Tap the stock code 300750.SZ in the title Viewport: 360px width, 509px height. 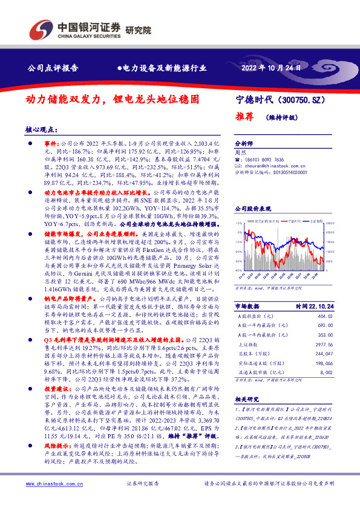pyautogui.click(x=307, y=99)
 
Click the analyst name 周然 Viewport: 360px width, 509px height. pyautogui.click(x=241, y=153)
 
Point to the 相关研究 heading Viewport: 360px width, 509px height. pyautogui.click(x=246, y=416)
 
